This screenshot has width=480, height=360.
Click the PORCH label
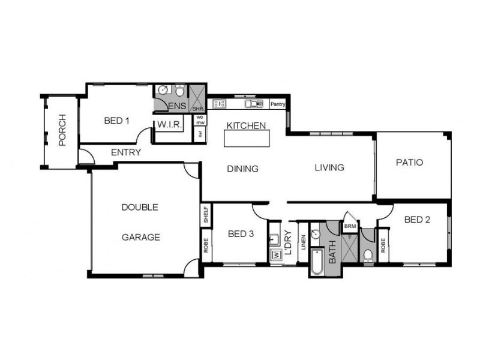(61, 130)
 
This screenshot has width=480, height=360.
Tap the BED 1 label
(116, 121)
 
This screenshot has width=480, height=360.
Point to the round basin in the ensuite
(161, 91)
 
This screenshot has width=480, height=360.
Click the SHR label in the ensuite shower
(197, 109)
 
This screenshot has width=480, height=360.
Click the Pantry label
(277, 104)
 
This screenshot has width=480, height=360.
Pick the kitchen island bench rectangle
(247, 139)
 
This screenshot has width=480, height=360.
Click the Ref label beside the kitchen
(200, 134)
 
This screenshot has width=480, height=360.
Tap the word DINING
(242, 169)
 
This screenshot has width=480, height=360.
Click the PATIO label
(410, 163)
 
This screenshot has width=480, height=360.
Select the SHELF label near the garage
(205, 215)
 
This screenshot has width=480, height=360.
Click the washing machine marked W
(276, 254)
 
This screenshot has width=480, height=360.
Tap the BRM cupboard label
(349, 226)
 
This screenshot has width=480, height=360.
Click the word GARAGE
(141, 237)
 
